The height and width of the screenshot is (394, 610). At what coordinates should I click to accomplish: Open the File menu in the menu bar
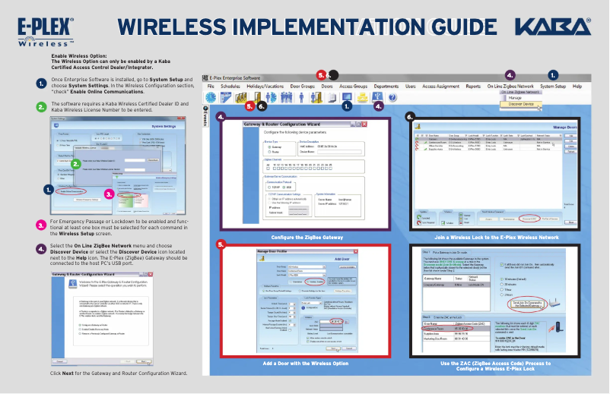(x=211, y=87)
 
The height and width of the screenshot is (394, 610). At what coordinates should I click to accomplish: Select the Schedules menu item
(x=230, y=87)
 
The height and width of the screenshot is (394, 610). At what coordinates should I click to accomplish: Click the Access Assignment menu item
(x=440, y=87)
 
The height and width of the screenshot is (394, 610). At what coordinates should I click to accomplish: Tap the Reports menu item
(x=473, y=87)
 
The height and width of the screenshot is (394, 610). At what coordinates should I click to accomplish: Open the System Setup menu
(x=553, y=87)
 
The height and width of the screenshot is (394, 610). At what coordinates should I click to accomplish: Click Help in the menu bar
(x=577, y=87)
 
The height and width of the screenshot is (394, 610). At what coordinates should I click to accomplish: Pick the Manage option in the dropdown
(x=515, y=98)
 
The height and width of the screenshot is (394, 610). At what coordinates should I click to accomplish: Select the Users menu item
(x=410, y=87)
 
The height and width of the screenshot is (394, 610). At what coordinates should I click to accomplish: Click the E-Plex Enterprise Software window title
(x=235, y=77)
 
